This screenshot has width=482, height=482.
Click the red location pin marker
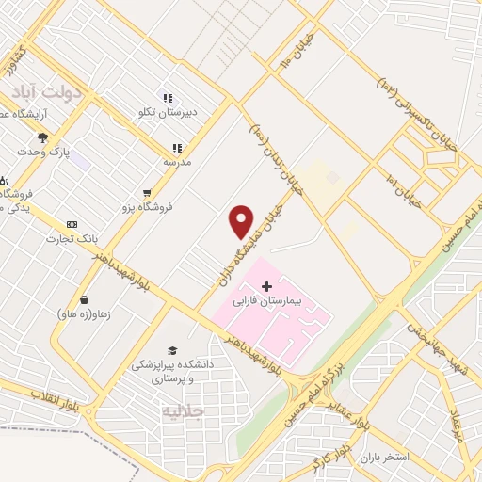tap(242, 221)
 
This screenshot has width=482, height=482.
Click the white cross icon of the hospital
tap(266, 286)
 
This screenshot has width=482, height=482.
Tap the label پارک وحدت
tap(42, 152)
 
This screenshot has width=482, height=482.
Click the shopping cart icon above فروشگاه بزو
tap(146, 189)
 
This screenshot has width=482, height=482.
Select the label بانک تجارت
tap(72, 239)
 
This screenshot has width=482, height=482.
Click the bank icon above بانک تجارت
tap(72, 224)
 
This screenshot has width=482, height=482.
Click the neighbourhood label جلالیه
tap(183, 411)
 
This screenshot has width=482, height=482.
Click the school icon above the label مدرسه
tap(176, 148)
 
